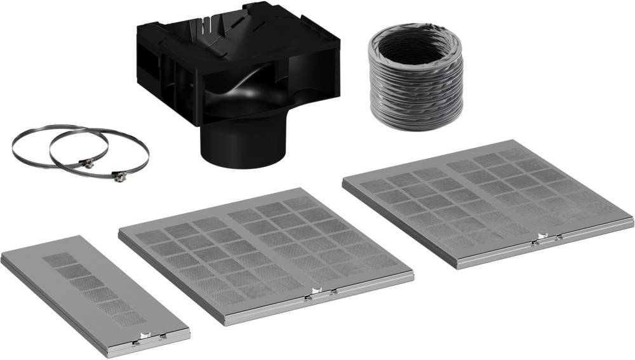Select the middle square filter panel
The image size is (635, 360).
point(265,255)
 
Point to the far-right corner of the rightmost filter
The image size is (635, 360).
point(632,220)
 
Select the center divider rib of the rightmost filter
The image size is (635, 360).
point(488,197)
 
